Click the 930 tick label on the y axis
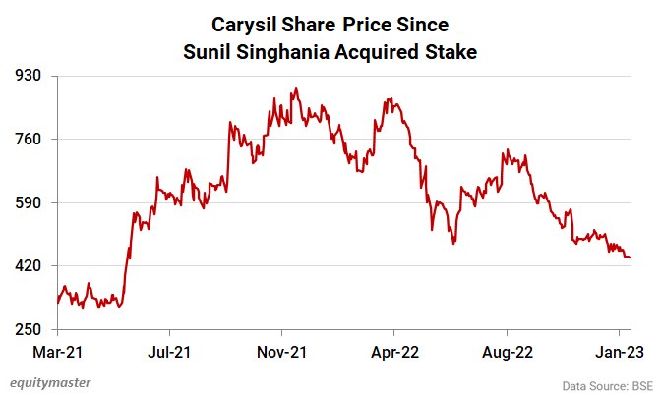click(30, 76)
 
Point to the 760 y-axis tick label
click(30, 139)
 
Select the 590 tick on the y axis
click(30, 202)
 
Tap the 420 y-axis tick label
click(30, 266)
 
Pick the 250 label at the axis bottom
click(30, 330)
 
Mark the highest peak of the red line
click(295, 89)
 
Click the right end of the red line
click(630, 258)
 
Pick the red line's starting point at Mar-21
click(58, 303)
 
